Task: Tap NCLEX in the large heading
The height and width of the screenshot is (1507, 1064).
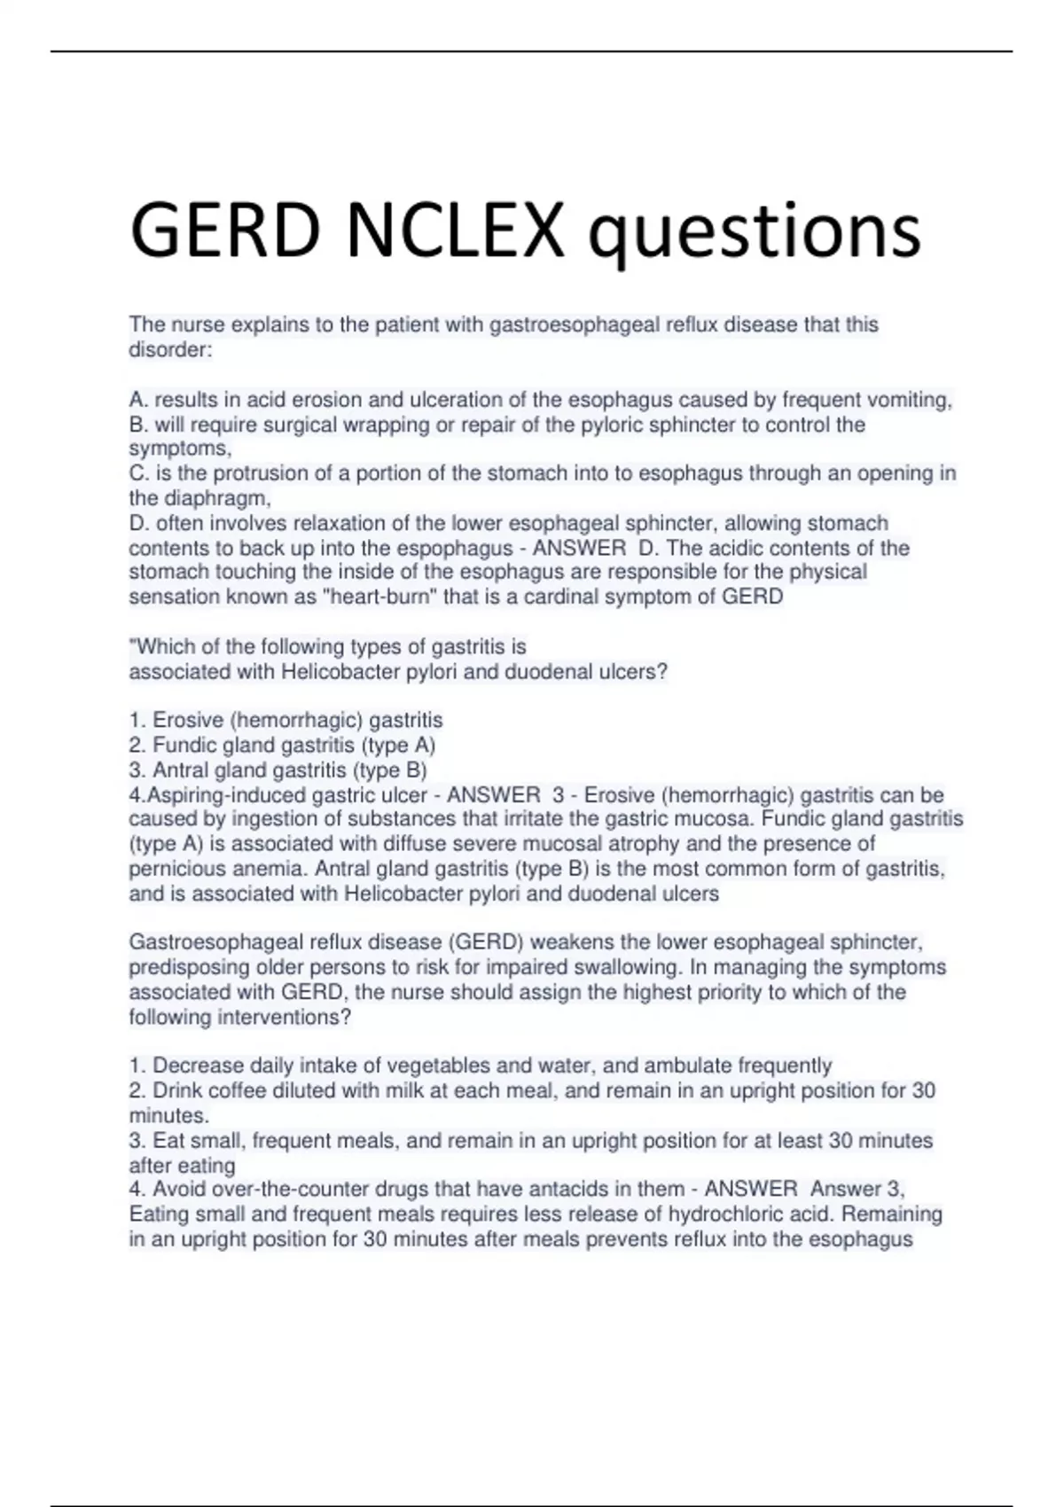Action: click(454, 230)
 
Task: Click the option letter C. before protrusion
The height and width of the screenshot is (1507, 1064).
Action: click(138, 473)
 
